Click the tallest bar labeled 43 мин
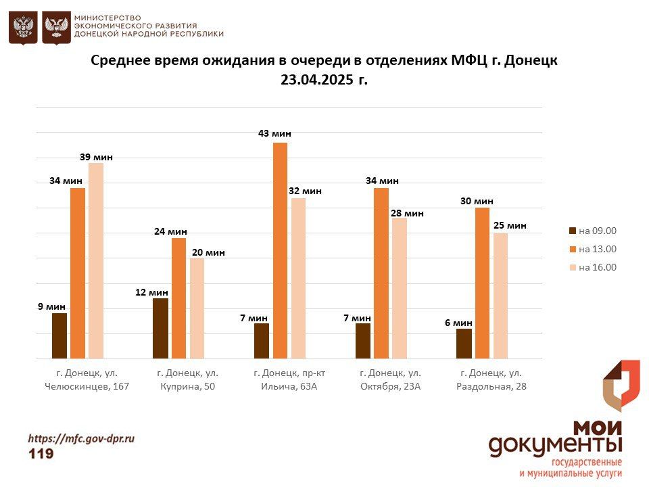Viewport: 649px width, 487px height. [280, 250]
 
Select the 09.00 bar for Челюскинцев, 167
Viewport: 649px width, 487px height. [59, 335]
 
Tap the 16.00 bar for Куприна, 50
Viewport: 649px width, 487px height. [197, 308]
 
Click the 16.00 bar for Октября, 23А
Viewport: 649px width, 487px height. [400, 288]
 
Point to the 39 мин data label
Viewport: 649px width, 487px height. [96, 157]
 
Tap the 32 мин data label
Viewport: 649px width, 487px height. [305, 191]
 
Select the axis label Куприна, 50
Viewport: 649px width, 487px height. [187, 387]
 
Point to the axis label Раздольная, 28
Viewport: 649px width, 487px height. [491, 387]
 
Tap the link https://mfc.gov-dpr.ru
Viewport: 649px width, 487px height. [81, 438]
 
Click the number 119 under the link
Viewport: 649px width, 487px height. [41, 454]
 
